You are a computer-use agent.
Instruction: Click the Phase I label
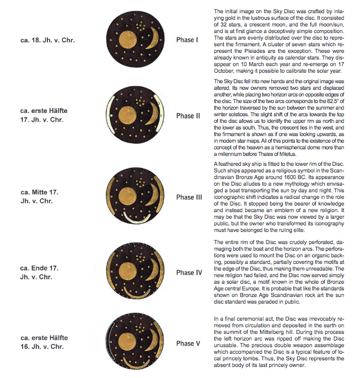[x=185, y=40]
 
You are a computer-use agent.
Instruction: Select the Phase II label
[x=186, y=116]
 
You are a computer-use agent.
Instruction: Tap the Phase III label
[x=186, y=197]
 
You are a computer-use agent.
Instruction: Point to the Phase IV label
[x=186, y=273]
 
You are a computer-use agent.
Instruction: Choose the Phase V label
[x=186, y=343]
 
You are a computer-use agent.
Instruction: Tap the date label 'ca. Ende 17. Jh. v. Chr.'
[x=42, y=272]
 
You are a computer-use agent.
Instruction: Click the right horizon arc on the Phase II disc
[x=159, y=115]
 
